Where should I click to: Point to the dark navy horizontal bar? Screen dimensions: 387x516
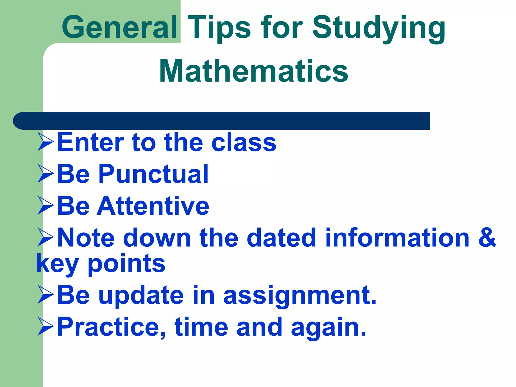(x=222, y=121)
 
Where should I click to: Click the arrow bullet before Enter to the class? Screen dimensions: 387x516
(x=46, y=142)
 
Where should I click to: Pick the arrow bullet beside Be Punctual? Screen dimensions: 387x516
(x=46, y=174)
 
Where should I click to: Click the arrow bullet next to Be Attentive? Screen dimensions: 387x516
(x=46, y=205)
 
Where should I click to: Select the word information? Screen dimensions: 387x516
(x=397, y=238)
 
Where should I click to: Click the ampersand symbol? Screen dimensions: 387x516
(x=487, y=237)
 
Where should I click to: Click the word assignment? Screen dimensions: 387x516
(x=300, y=295)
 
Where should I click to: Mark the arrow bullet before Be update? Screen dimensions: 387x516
(x=46, y=294)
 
